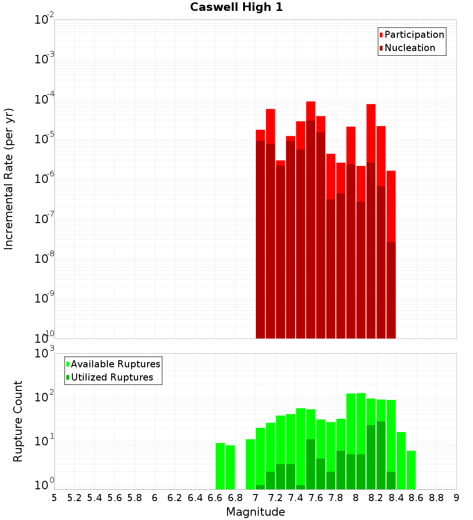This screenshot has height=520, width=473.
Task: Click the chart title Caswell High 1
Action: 236,8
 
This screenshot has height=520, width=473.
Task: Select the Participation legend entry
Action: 412,35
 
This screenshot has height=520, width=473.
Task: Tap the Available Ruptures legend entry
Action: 113,364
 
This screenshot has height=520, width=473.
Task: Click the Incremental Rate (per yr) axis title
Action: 9,179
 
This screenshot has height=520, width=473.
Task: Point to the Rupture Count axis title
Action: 18,421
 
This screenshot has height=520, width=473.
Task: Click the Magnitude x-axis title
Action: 255,512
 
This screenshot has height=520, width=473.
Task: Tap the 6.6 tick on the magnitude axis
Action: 215,498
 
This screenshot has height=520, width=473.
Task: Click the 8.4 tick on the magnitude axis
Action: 396,498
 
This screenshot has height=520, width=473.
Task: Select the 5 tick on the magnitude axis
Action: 54,498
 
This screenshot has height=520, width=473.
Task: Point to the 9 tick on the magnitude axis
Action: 456,498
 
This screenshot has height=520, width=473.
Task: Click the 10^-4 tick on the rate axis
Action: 44,99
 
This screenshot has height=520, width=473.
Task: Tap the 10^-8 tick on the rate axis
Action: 44,259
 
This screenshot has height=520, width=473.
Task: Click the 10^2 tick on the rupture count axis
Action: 44,397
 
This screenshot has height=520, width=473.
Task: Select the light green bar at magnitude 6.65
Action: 220,466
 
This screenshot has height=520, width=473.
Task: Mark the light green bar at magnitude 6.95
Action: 250,464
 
